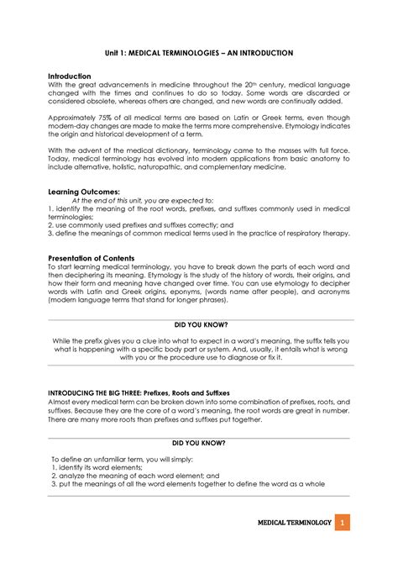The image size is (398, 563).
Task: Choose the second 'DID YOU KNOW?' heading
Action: coord(199,442)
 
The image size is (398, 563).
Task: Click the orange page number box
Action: coord(342,524)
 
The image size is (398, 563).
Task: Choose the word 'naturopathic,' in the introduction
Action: coord(175,166)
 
